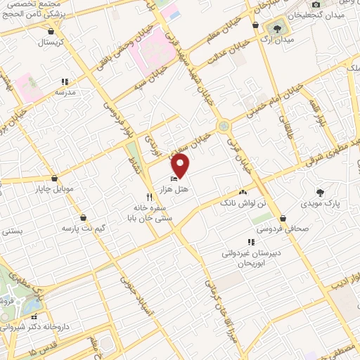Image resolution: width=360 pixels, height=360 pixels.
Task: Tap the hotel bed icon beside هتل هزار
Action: tap(174, 179)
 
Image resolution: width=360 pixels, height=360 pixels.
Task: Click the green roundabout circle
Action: tap(224, 126)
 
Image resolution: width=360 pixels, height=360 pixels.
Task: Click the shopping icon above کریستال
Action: tap(50, 31)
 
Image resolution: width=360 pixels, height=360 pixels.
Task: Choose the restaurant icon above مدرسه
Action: tap(64, 81)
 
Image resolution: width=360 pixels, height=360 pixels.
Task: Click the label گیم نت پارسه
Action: tap(84, 229)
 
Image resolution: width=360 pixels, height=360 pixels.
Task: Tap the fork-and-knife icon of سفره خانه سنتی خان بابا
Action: tap(148, 196)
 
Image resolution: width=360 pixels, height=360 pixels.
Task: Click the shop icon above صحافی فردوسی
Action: tap(282, 218)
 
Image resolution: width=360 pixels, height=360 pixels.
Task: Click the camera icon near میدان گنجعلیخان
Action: tap(316, 4)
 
